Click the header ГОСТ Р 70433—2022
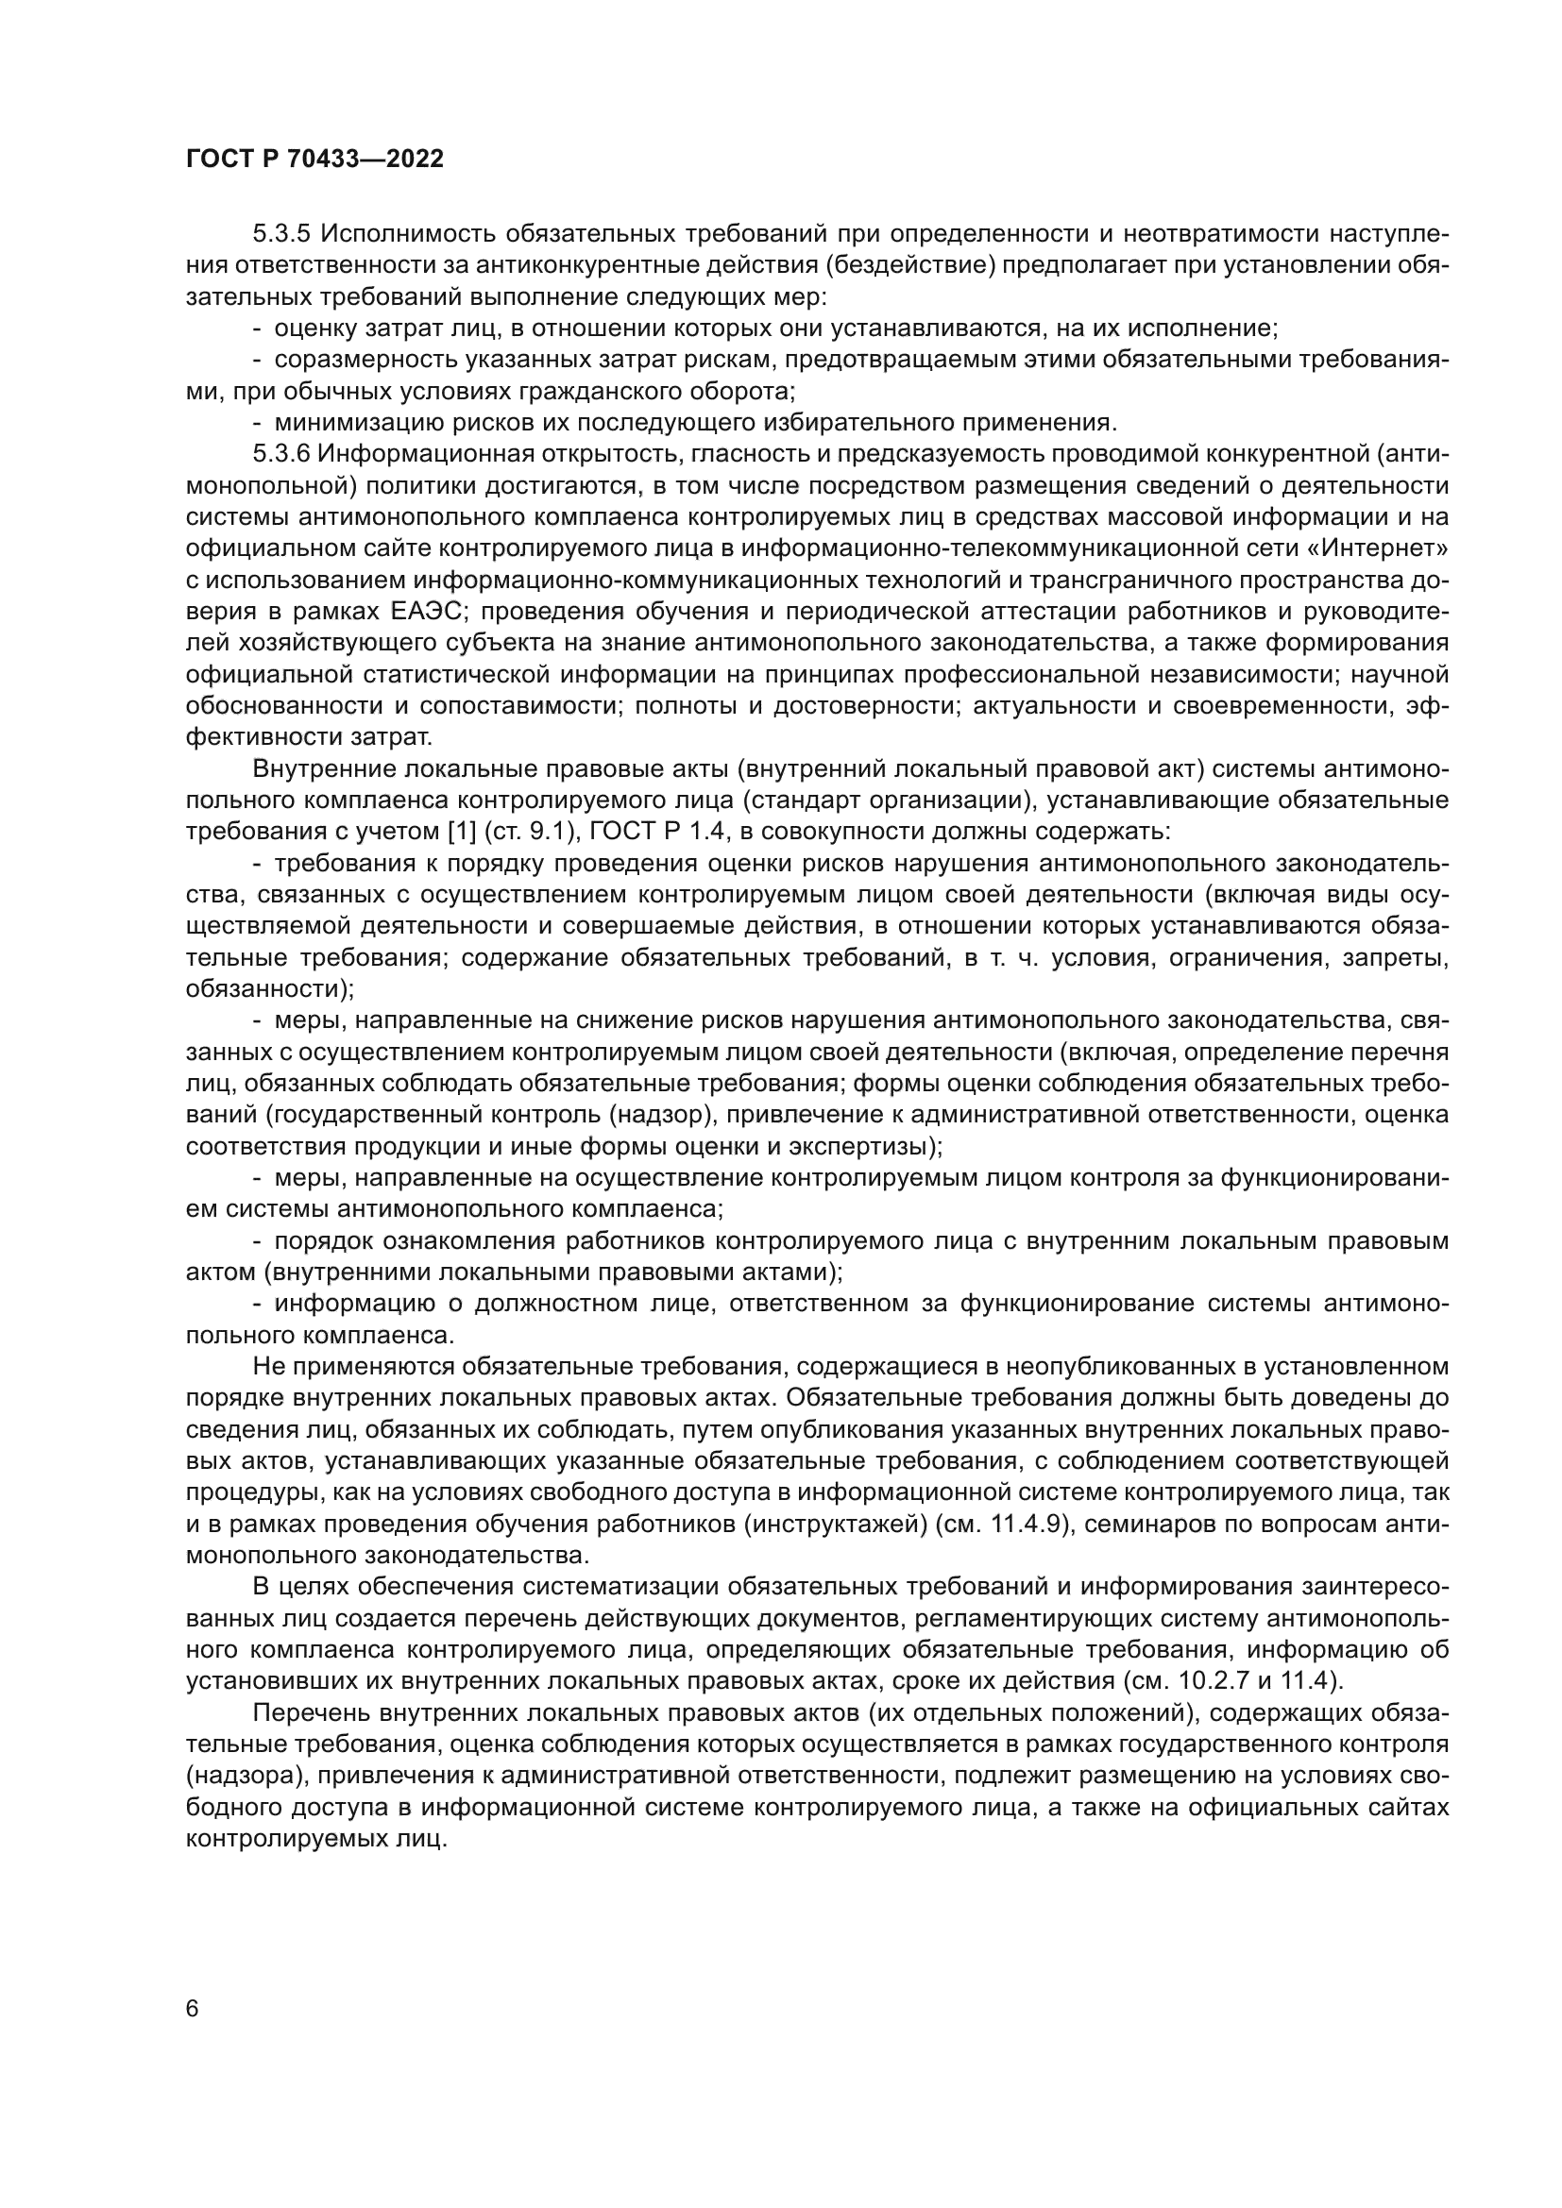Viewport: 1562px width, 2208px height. (314, 160)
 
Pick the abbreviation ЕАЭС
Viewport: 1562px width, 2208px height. (421, 612)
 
